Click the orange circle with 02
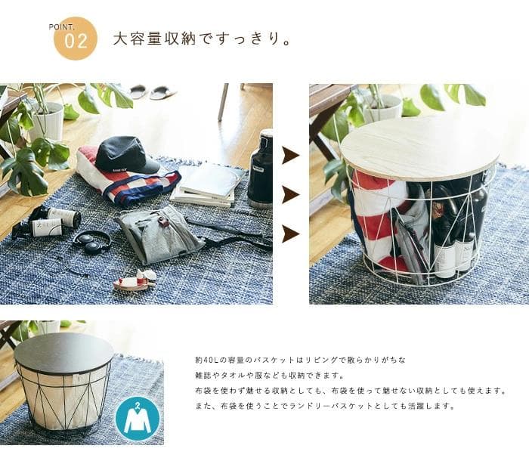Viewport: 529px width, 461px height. pos(76,39)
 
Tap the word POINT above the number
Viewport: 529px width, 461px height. pos(61,27)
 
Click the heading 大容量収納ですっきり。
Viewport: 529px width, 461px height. pos(202,39)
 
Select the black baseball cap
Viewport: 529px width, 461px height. pos(127,155)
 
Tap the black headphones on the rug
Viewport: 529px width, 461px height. pos(91,242)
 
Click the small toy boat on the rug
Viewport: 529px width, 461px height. pos(135,280)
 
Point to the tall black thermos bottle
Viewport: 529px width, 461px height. pos(260,169)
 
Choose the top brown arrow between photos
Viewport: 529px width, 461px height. pos(290,155)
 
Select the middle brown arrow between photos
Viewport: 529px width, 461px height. pos(290,194)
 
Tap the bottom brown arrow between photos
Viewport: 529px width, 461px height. pos(290,234)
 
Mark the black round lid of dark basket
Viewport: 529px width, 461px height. pos(64,352)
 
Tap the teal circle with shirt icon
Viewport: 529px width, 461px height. pos(138,419)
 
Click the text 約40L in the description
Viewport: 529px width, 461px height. pos(206,360)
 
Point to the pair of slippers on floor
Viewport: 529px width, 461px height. pos(153,91)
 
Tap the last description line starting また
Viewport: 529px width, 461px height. pos(325,406)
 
